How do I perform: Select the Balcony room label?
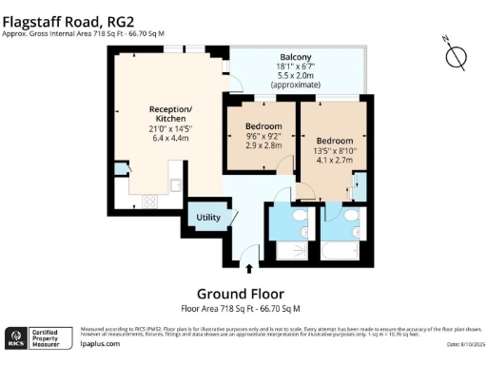tap(297, 56)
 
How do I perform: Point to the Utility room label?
tap(208, 218)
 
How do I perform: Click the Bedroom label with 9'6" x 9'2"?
tap(263, 126)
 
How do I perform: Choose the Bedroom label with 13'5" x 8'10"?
tap(334, 139)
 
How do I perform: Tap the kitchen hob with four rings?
tap(150, 201)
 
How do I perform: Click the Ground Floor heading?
tap(240, 293)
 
